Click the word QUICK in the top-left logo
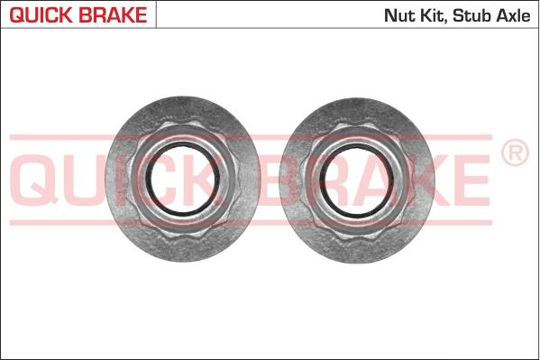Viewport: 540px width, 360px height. (41, 15)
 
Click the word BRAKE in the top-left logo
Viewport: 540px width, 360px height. (113, 15)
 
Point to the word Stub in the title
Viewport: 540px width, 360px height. (471, 15)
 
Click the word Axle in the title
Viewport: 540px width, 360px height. (513, 15)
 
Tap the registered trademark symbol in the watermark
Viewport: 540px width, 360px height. (515, 152)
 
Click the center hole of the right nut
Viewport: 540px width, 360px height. (357, 180)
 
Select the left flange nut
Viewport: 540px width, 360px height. (182, 179)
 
